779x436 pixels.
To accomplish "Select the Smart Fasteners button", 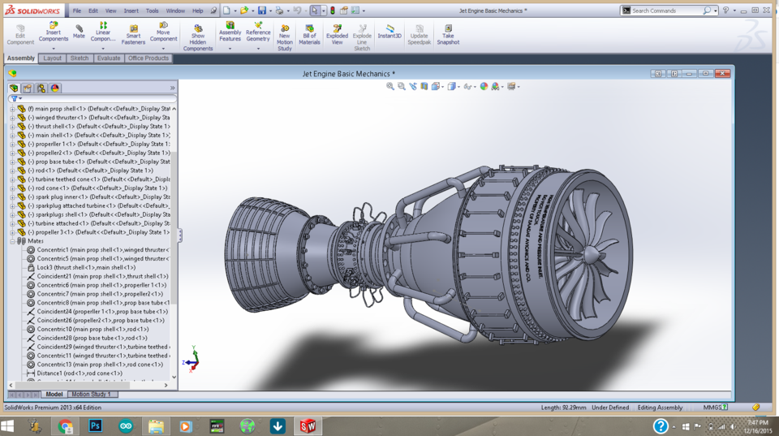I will tap(133, 33).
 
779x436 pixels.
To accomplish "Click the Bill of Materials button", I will tap(309, 33).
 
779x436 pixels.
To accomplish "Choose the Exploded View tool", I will tap(337, 33).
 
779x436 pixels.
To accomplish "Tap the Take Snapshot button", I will tap(448, 33).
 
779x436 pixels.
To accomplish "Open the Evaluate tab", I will tap(108, 58).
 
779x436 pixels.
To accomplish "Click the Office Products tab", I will tap(148, 58).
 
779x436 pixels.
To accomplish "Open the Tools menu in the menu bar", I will tap(152, 11).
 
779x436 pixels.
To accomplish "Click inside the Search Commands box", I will tap(665, 11).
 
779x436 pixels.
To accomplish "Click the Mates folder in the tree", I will tap(35, 241).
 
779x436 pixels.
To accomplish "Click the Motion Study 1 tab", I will tap(91, 395).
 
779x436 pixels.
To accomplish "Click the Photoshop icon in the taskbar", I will tap(95, 425).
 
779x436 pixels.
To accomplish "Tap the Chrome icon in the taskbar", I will tap(66, 425).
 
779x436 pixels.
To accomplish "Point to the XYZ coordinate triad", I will tap(193, 360).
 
